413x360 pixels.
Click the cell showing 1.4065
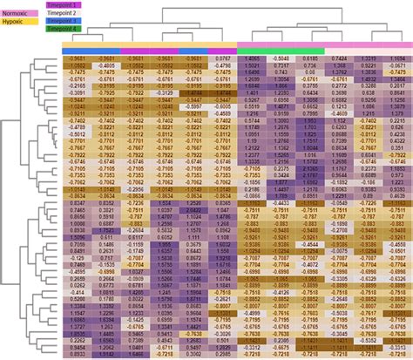pos(250,58)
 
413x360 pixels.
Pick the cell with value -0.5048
pos(281,58)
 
